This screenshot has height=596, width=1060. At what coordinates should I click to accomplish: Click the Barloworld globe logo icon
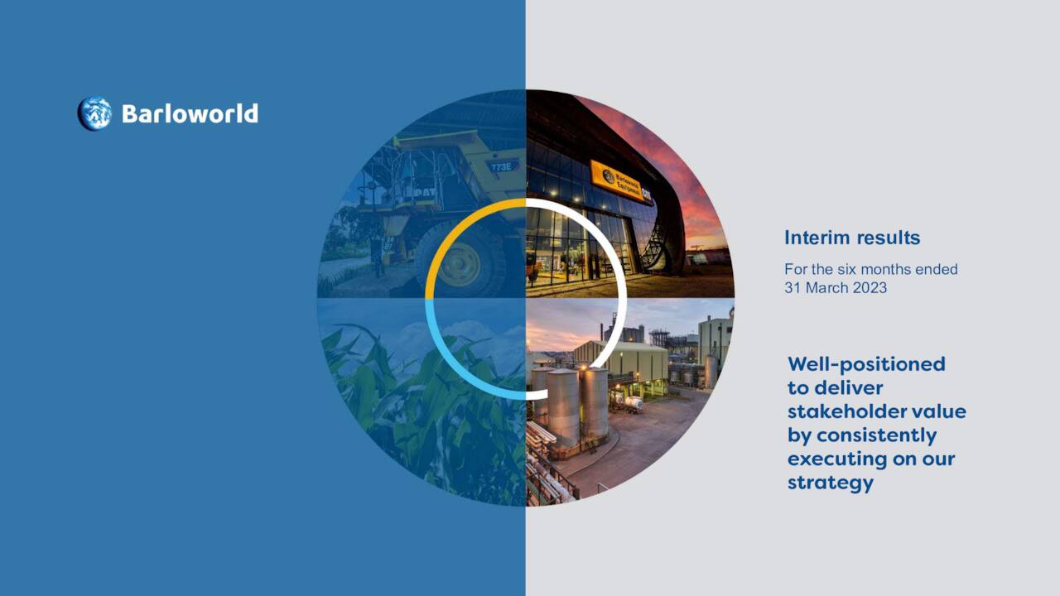click(94, 113)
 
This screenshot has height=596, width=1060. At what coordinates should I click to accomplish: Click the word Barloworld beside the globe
click(190, 113)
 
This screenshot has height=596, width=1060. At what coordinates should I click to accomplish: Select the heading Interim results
click(852, 238)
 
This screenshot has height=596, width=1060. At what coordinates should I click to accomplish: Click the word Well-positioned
click(866, 364)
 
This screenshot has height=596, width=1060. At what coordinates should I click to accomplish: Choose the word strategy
click(831, 483)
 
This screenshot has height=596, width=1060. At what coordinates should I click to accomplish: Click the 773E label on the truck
click(499, 166)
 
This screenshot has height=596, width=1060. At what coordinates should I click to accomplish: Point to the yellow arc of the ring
click(444, 240)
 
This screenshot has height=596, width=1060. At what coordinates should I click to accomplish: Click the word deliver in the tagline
click(850, 388)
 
